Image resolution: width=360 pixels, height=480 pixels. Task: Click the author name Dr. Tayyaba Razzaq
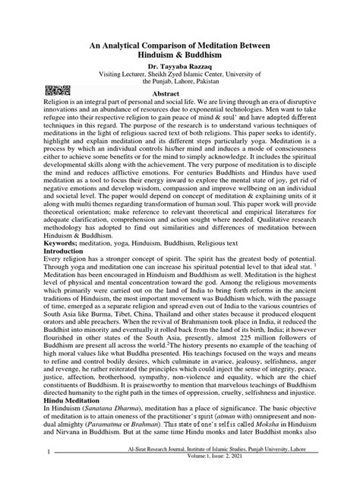click(179, 68)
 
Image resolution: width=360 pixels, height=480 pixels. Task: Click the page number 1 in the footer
click(27, 474)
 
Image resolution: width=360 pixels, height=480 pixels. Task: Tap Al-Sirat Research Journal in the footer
click(149, 469)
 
